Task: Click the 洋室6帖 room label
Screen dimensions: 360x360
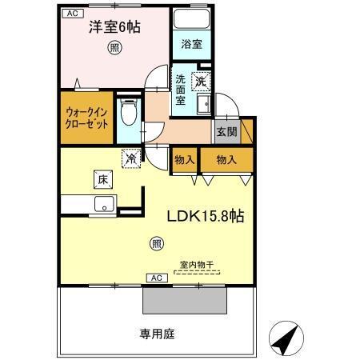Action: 114,27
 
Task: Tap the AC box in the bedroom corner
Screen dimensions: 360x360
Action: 72,14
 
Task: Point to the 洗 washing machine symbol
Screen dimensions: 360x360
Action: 202,80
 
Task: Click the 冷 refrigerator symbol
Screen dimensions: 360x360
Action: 130,158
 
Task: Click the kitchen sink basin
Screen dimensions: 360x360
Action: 102,206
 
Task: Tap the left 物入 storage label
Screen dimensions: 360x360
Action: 185,159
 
